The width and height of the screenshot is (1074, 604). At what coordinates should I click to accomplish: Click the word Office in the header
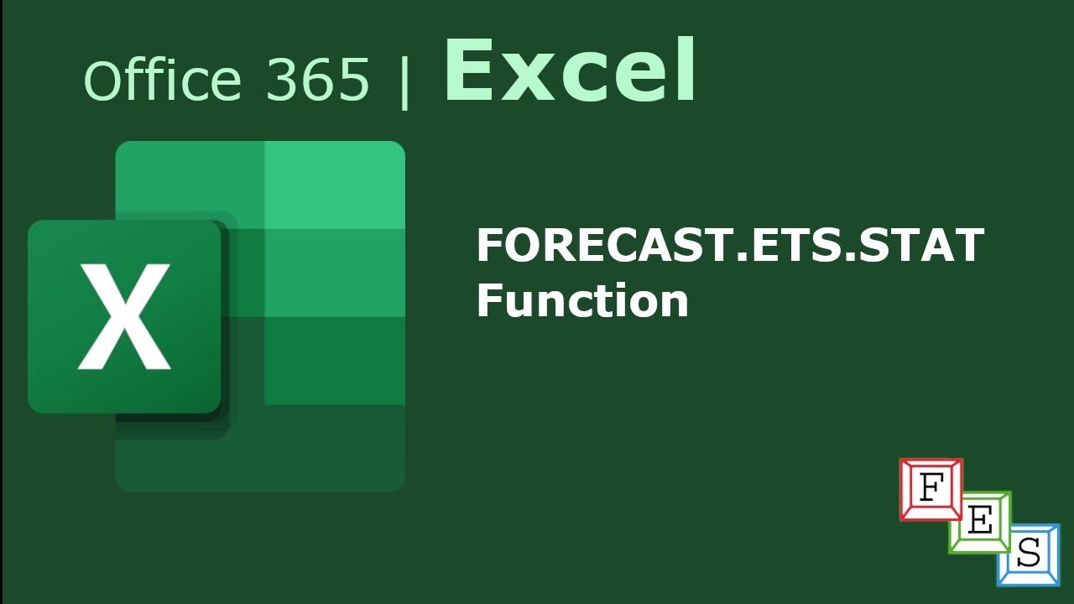pyautogui.click(x=162, y=81)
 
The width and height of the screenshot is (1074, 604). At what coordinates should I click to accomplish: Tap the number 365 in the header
pyautogui.click(x=317, y=81)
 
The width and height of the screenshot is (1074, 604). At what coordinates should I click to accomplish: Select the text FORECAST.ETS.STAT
pyautogui.click(x=729, y=246)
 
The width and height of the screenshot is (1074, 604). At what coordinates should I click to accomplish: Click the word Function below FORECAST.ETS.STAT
pyautogui.click(x=582, y=299)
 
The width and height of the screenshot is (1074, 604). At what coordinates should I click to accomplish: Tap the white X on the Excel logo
pyautogui.click(x=124, y=316)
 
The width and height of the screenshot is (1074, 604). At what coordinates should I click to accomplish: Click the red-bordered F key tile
pyautogui.click(x=930, y=488)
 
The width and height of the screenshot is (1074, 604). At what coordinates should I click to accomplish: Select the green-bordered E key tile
pyautogui.click(x=979, y=521)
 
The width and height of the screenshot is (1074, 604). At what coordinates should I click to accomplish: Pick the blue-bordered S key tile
pyautogui.click(x=1028, y=554)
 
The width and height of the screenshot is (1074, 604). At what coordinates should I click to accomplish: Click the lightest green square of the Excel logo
pyautogui.click(x=335, y=185)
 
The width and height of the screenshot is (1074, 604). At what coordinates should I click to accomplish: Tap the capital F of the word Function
pyautogui.click(x=488, y=299)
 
